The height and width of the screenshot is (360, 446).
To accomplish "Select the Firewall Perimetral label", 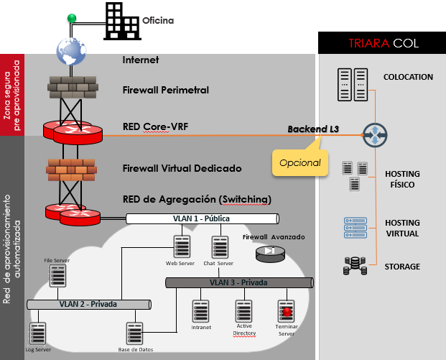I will tap(165, 90).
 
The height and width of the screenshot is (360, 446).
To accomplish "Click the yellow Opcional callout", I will tap(300, 162).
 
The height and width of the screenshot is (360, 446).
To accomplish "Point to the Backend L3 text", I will tap(313, 129).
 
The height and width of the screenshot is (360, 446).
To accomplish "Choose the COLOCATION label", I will tap(408, 77).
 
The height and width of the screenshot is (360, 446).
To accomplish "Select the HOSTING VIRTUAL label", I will tap(402, 229).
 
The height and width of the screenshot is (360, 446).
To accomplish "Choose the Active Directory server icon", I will tap(243, 310).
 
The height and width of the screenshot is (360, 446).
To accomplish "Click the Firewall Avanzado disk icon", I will tap(269, 251).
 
